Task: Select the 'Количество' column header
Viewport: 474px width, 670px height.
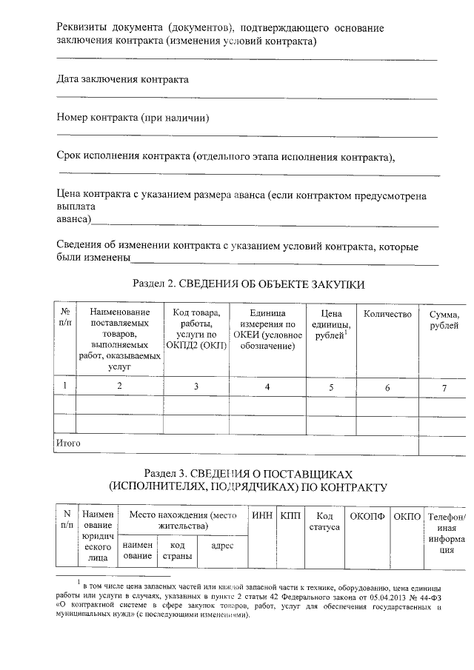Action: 387,315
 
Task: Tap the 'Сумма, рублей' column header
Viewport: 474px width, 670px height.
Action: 444,321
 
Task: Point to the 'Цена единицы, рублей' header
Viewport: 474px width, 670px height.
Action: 331,326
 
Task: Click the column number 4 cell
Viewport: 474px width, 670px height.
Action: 267,386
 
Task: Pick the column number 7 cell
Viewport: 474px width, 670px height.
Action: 444,386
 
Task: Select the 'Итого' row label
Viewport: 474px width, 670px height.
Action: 69,443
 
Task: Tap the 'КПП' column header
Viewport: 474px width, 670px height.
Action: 290,516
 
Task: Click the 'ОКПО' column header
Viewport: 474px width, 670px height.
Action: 407,516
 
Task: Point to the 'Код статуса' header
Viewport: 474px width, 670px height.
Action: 324,521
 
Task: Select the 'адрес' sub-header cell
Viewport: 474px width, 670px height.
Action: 222,546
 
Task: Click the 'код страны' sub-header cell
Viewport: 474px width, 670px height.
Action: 177,550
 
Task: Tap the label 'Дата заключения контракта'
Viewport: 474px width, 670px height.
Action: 122,79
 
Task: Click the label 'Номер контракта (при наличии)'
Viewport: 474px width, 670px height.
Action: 133,118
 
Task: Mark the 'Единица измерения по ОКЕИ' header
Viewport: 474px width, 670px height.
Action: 267,331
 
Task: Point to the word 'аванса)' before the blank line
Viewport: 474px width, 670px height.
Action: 75,220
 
